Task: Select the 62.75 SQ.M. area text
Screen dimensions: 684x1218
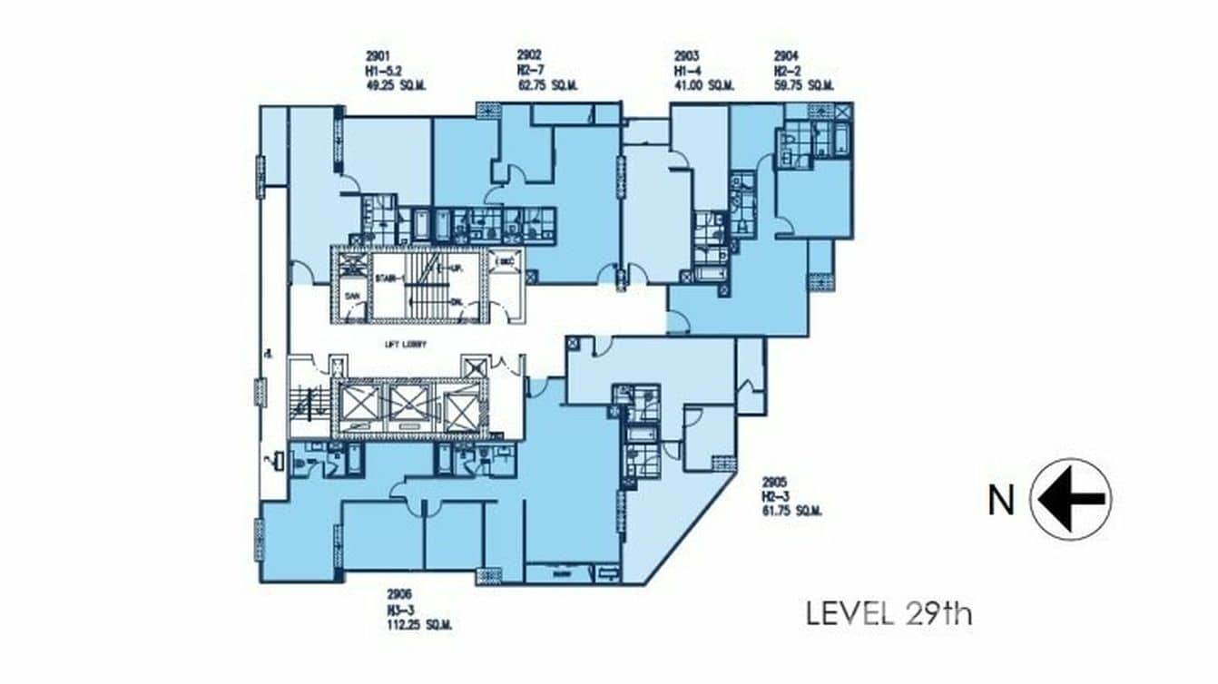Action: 547,85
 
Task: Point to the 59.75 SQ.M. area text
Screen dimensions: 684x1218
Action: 803,85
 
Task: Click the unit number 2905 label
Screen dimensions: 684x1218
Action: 776,482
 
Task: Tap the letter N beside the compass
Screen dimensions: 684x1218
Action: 1001,500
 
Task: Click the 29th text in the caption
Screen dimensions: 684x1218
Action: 938,614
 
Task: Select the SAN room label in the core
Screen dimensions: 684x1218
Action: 350,297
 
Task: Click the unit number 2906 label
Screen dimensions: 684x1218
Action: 401,595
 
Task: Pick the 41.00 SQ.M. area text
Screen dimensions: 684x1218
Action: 703,85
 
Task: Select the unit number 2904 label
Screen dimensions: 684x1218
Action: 787,55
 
